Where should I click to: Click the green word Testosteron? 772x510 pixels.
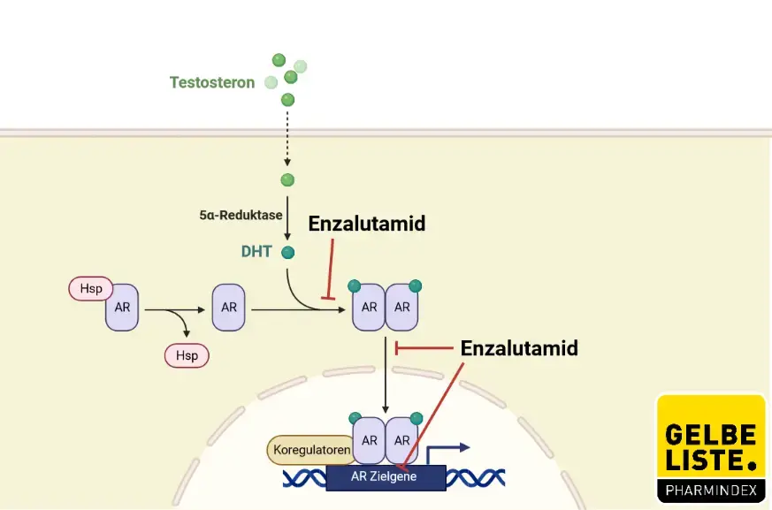click(211, 83)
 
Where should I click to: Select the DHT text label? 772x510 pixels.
click(256, 252)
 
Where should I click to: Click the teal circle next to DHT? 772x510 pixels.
click(287, 253)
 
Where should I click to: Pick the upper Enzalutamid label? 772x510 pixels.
click(366, 225)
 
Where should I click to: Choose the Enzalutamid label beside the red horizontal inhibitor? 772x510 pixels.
click(519, 348)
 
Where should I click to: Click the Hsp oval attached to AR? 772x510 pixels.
click(91, 289)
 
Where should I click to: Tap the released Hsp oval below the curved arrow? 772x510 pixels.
click(187, 355)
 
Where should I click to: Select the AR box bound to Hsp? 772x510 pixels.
click(122, 308)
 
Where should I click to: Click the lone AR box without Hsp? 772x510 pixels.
click(229, 308)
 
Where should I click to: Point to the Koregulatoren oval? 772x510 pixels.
click(309, 450)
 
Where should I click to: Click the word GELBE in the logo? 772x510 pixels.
click(710, 435)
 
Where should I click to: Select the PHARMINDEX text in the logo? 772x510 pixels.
click(710, 489)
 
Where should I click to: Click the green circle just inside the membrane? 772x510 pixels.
click(287, 180)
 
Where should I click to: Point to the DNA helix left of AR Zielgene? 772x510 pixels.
click(304, 478)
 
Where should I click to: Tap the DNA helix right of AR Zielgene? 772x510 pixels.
click(475, 478)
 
